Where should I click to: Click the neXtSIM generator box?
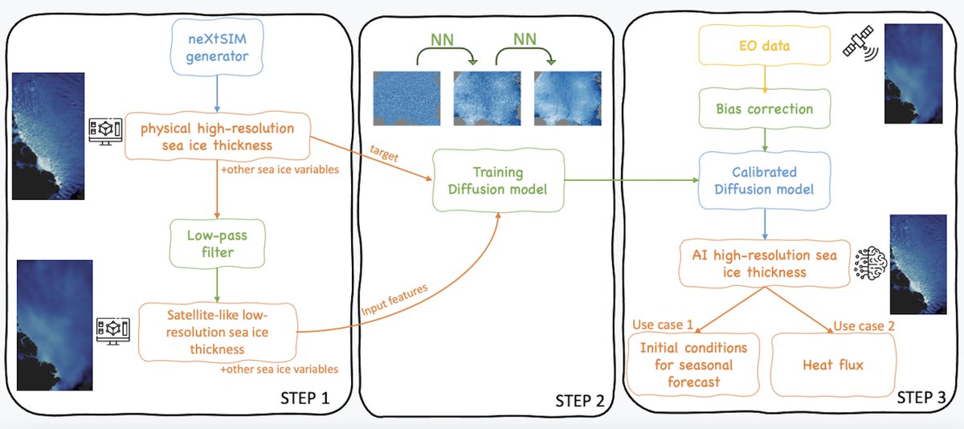pyautogui.click(x=217, y=47)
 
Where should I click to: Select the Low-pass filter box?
pyautogui.click(x=217, y=243)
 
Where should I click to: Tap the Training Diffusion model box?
pyautogui.click(x=498, y=180)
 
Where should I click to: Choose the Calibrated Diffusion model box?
pyautogui.click(x=764, y=180)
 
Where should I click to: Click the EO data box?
pyautogui.click(x=764, y=45)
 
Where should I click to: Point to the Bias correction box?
pyautogui.click(x=764, y=108)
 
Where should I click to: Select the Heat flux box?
pyautogui.click(x=833, y=365)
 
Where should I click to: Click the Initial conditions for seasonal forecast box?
pyautogui.click(x=693, y=365)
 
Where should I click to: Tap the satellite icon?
pyautogui.click(x=860, y=43)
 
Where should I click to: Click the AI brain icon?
pyautogui.click(x=870, y=264)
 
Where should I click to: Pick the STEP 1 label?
pyautogui.click(x=304, y=398)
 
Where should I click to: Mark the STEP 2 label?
pyautogui.click(x=580, y=401)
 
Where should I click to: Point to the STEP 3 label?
pyautogui.click(x=921, y=397)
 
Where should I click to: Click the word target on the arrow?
pyautogui.click(x=384, y=153)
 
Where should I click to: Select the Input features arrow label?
pyautogui.click(x=394, y=300)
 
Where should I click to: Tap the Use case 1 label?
pyautogui.click(x=663, y=325)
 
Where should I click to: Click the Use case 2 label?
pyautogui.click(x=864, y=325)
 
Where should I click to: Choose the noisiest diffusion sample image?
pyautogui.click(x=406, y=99)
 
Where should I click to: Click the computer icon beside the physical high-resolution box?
pyautogui.click(x=105, y=131)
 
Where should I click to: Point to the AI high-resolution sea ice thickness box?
pyautogui.click(x=764, y=264)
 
